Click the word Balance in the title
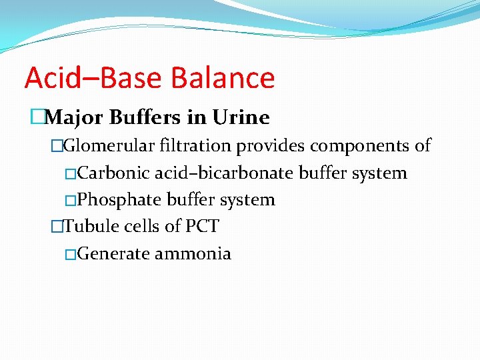click(223, 78)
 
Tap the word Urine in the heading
click(241, 118)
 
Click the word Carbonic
click(113, 173)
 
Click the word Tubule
click(87, 227)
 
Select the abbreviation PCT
click(201, 227)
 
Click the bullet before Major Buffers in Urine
click(36, 118)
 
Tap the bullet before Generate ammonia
click(71, 254)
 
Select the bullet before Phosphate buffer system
click(71, 200)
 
